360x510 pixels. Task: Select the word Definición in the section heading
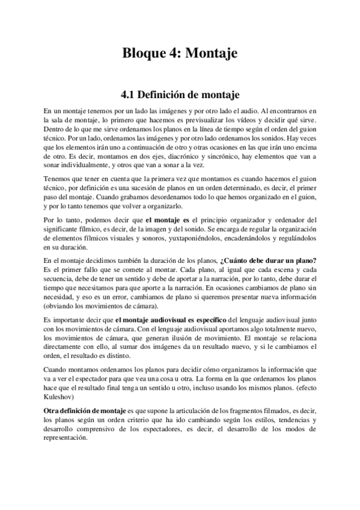(168, 94)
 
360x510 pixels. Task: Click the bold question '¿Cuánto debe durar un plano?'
(269, 260)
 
